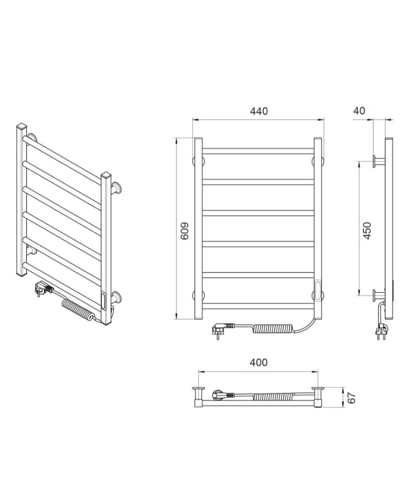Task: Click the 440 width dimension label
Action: click(259, 111)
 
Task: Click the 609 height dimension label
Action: click(185, 231)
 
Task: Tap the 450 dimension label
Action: click(367, 231)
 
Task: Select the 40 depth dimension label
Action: click(359, 111)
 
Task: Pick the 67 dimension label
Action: click(352, 398)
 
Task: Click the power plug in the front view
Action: click(222, 330)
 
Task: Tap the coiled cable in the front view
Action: click(274, 329)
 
